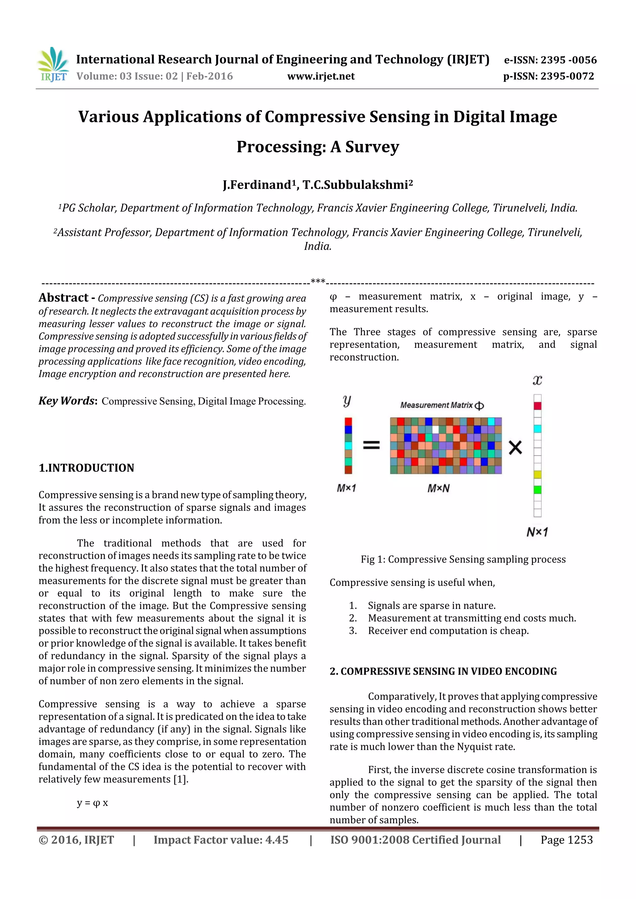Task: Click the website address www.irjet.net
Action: tap(320, 76)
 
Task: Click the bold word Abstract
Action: tap(63, 298)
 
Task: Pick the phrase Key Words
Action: tap(67, 401)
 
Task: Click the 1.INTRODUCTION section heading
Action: tap(86, 468)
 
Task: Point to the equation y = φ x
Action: tap(93, 803)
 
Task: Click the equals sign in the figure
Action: tap(371, 445)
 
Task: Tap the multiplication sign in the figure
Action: tap(515, 447)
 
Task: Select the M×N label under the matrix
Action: tap(438, 488)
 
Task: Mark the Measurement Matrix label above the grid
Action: tap(441, 405)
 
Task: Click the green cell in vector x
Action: tap(537, 489)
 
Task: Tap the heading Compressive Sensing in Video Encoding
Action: tap(443, 671)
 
